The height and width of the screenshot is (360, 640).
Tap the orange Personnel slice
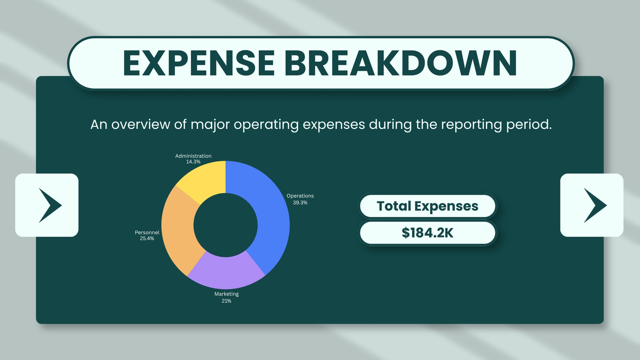(x=178, y=228)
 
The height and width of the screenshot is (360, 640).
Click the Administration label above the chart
(x=193, y=156)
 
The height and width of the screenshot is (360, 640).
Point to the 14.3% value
(x=193, y=162)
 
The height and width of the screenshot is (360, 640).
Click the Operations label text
(x=300, y=196)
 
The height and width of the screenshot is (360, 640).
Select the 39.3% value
(x=300, y=202)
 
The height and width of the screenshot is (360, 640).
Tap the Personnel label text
(x=147, y=232)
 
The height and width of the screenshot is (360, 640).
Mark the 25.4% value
(x=147, y=238)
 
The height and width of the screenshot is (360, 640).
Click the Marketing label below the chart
(x=226, y=294)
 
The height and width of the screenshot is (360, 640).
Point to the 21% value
(x=226, y=301)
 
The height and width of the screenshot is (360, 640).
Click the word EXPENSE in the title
(x=199, y=63)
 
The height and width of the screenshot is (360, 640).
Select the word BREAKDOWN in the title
(x=400, y=63)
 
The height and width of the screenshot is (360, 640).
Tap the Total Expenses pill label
(x=428, y=206)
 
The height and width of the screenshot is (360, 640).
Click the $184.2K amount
(x=428, y=233)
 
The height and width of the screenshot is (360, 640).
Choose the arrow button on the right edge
(x=592, y=205)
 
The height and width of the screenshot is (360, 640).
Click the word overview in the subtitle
(x=140, y=124)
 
